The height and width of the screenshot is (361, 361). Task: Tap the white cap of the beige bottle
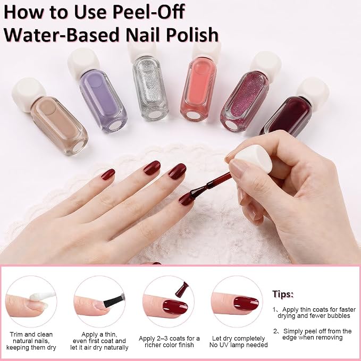click(28, 95)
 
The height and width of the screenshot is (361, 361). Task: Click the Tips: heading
click(283, 294)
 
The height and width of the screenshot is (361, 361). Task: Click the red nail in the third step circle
click(175, 307)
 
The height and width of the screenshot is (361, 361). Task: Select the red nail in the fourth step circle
click(246, 303)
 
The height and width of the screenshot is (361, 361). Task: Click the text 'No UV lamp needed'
click(239, 345)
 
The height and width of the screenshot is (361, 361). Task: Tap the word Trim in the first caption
click(16, 334)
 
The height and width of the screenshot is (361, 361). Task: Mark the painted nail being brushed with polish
click(186, 199)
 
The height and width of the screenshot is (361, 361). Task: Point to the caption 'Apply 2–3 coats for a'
click(169, 339)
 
